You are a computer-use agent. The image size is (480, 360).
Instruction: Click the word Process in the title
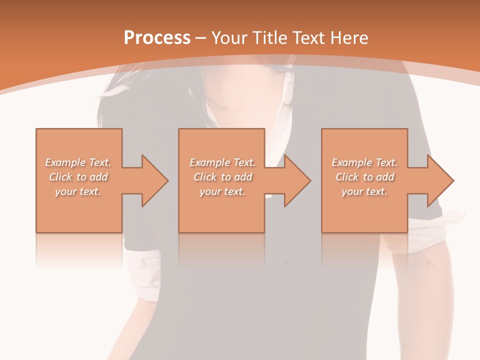pyautogui.click(x=157, y=38)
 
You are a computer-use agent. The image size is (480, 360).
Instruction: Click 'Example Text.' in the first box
pyautogui.click(x=78, y=162)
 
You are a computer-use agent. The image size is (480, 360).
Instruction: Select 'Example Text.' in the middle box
pyautogui.click(x=222, y=162)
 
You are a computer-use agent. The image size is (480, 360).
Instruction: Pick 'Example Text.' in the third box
pyautogui.click(x=364, y=162)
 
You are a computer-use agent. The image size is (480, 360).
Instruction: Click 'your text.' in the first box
pyautogui.click(x=78, y=191)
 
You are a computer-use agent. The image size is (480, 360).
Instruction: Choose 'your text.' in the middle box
pyautogui.click(x=222, y=191)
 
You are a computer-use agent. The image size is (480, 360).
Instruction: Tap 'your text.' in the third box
pyautogui.click(x=364, y=191)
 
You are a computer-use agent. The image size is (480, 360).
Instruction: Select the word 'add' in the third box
pyautogui.click(x=385, y=177)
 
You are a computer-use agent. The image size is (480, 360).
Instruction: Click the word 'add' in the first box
pyautogui.click(x=98, y=177)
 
